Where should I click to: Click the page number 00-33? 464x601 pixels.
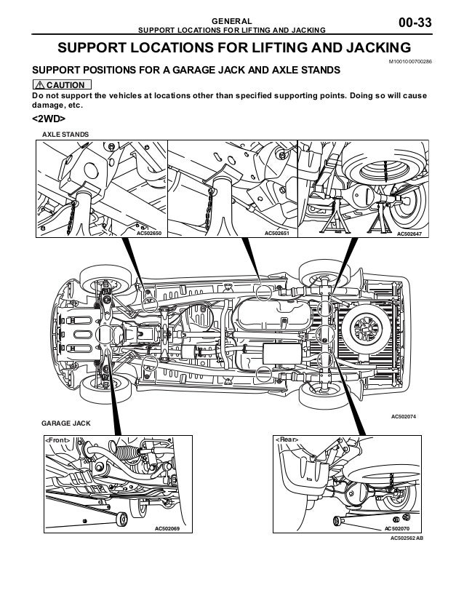coord(415,25)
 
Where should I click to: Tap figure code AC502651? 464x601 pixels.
coord(276,234)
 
